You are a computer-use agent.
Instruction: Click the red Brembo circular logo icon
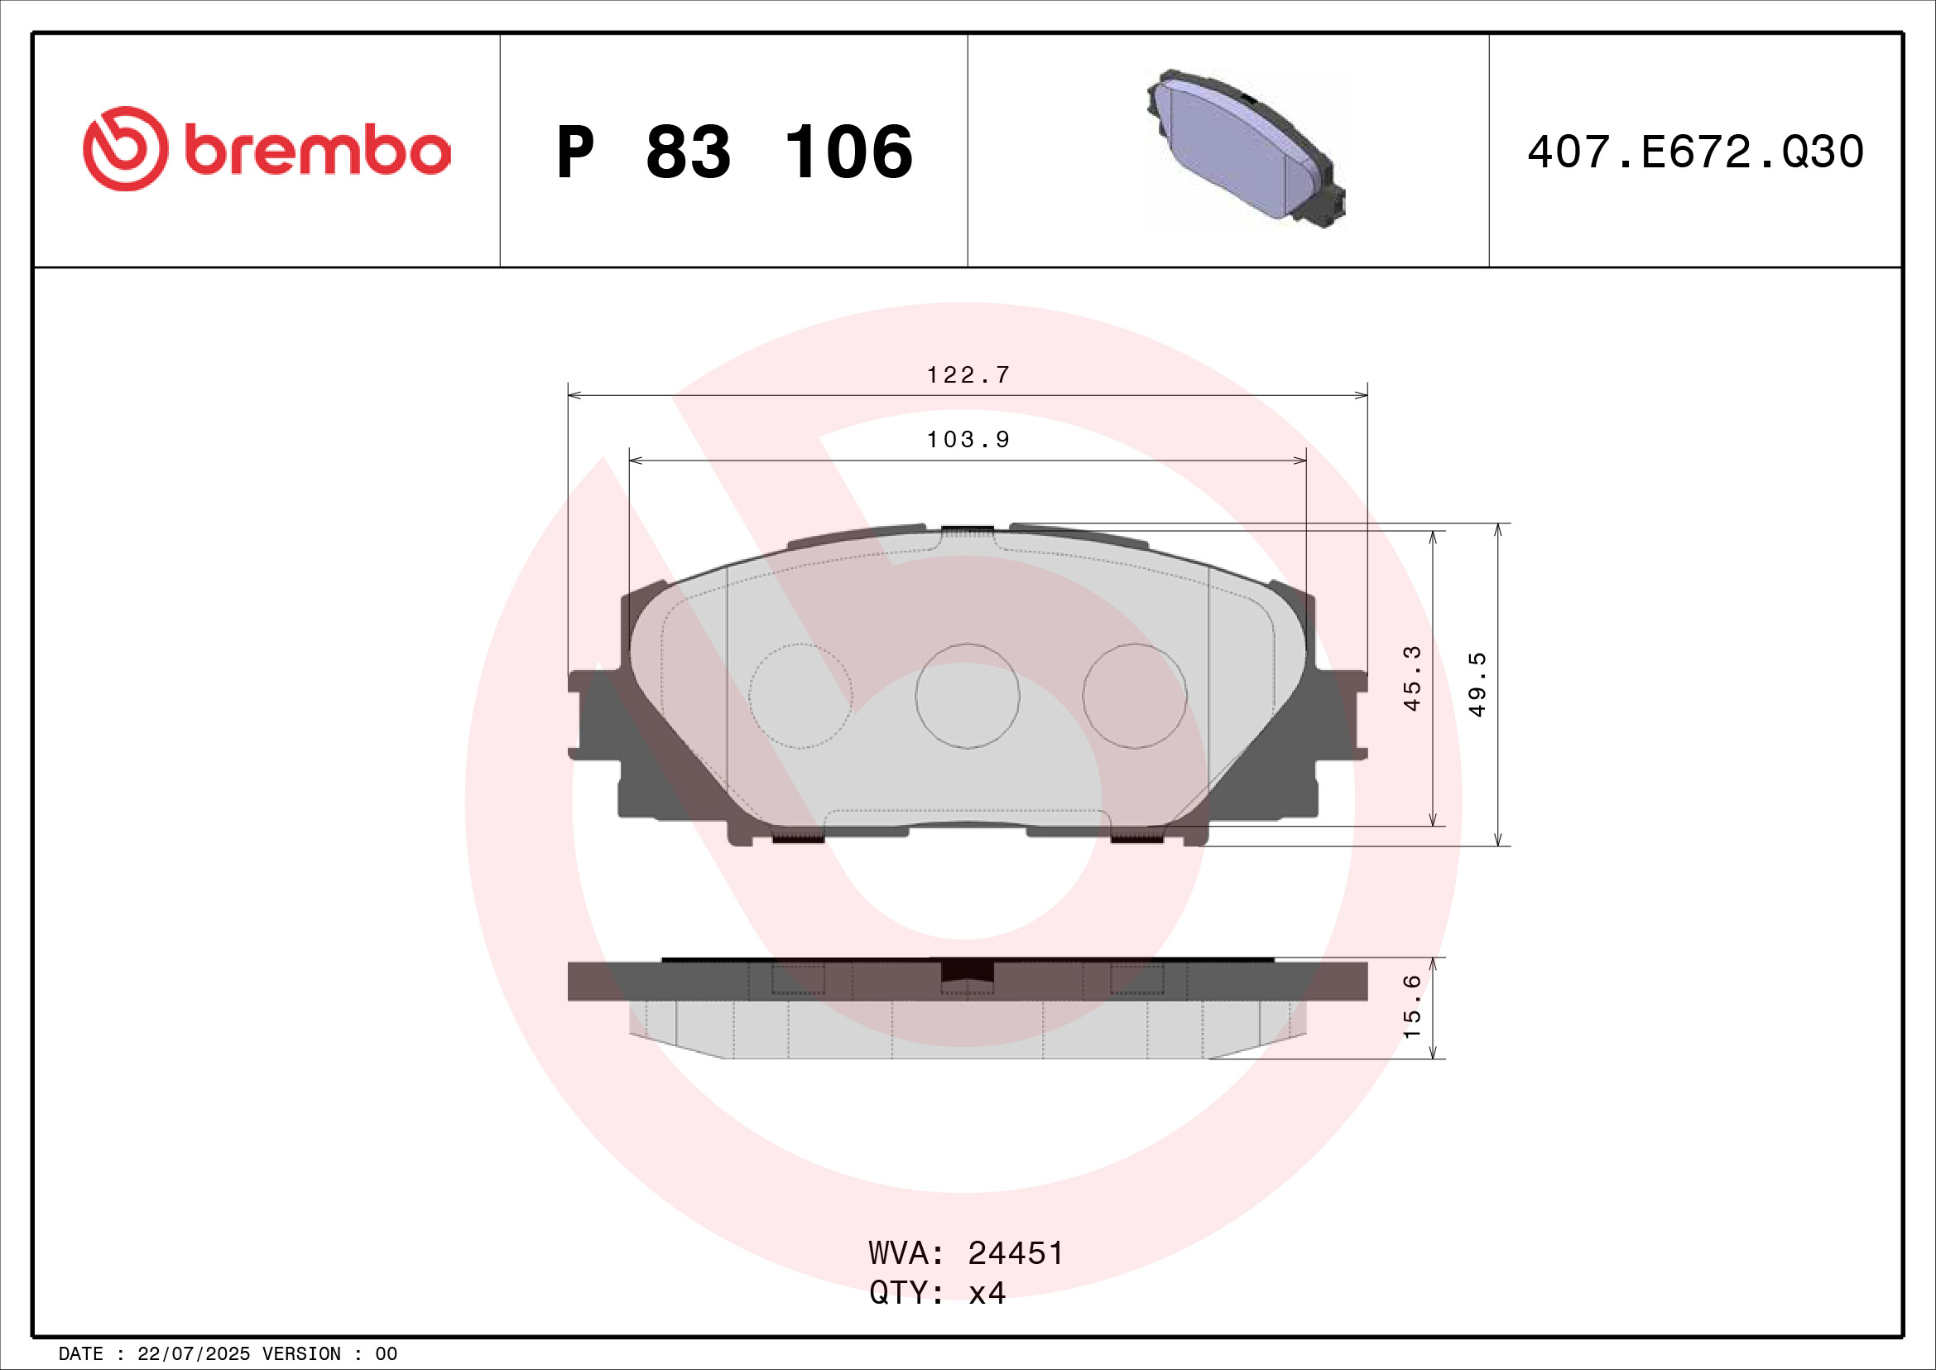125,148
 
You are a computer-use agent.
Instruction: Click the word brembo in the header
316,152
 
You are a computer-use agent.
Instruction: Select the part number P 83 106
733,152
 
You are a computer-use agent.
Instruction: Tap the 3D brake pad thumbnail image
1245,148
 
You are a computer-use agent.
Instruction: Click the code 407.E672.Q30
1695,152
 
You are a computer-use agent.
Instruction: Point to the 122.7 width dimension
968,374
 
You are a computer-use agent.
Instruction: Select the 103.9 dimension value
968,440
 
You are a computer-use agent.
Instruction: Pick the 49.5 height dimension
1477,685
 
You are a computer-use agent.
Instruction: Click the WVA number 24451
1016,1253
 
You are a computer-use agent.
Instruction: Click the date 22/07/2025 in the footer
193,1354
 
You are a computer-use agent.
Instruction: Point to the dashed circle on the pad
800,696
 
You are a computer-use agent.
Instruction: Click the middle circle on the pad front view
967,696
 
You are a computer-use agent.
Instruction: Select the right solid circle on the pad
1134,696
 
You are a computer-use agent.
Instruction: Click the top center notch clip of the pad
967,531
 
